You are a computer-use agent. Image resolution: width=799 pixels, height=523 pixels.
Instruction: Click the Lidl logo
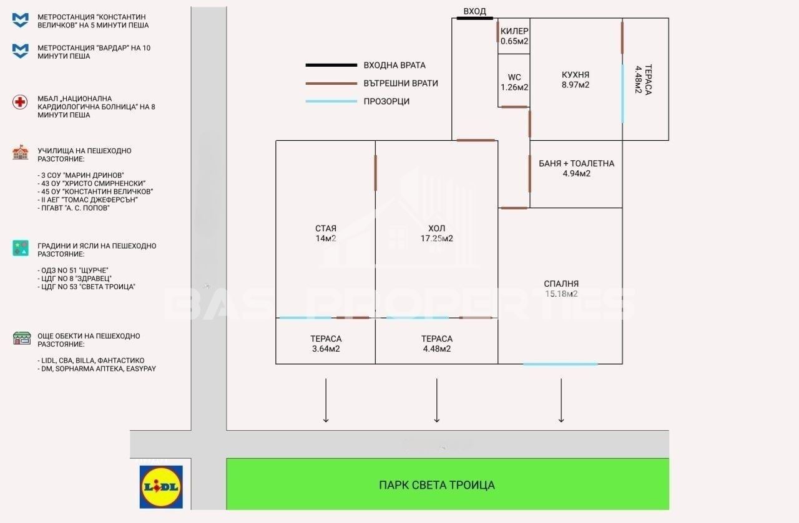(x=161, y=487)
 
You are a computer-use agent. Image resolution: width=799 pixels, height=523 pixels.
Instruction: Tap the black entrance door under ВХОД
(x=475, y=18)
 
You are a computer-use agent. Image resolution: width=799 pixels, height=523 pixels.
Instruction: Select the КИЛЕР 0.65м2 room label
(x=514, y=36)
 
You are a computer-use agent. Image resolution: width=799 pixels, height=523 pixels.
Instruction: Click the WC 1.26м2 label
(x=514, y=82)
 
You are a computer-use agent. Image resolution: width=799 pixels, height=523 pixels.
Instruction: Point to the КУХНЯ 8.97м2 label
(x=576, y=80)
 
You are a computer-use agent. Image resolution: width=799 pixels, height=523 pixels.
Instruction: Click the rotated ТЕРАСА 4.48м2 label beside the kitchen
(x=644, y=79)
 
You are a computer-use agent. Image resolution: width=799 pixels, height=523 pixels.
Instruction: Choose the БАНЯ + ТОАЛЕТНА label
(x=576, y=163)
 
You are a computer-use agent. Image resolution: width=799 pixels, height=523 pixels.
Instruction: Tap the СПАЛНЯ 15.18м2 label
(x=561, y=289)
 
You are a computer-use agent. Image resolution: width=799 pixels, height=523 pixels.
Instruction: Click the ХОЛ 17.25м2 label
(x=436, y=233)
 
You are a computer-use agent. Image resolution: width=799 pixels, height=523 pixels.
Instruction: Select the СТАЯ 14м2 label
(x=326, y=233)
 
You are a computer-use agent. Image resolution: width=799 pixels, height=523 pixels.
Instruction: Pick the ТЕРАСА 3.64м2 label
(x=326, y=344)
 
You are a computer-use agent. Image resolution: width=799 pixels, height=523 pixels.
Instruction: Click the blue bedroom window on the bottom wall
(x=561, y=364)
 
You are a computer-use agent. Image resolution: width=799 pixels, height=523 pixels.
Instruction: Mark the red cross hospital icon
(x=20, y=102)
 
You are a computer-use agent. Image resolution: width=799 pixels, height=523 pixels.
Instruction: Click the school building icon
(x=21, y=153)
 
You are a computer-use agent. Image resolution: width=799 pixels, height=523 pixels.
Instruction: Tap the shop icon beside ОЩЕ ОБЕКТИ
(x=22, y=338)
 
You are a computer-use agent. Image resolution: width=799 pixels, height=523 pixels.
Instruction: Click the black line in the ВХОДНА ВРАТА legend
(x=331, y=65)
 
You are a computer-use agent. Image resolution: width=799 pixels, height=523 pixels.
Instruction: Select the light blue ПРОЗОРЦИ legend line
(x=331, y=102)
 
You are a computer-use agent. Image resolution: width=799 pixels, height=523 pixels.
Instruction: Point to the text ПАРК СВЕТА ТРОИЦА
(x=436, y=485)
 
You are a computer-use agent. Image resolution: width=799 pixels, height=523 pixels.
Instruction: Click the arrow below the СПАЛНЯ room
(x=561, y=400)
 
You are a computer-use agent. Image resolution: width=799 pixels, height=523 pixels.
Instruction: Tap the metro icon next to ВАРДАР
(x=21, y=51)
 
